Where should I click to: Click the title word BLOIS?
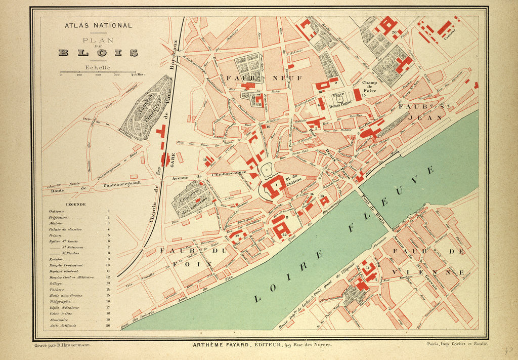pyautogui.click(x=98, y=53)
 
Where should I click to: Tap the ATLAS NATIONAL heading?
pyautogui.click(x=98, y=25)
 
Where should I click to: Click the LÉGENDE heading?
pyautogui.click(x=75, y=205)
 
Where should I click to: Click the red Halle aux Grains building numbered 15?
pyautogui.click(x=357, y=94)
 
